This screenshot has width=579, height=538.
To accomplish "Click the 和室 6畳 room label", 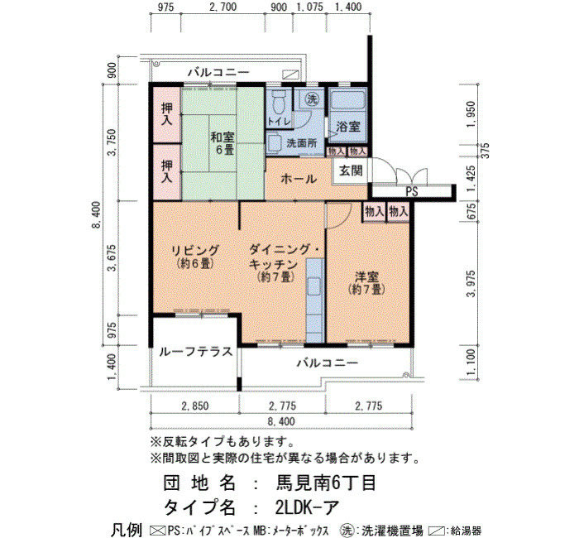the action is (223, 144).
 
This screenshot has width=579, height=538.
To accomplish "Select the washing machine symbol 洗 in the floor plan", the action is (313, 98).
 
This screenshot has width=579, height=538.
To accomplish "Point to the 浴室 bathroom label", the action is (348, 127).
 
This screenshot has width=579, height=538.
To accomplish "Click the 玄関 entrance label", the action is (351, 171).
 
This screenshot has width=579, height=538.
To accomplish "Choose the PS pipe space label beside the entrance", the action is (412, 191).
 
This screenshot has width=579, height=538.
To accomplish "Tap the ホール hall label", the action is (299, 180).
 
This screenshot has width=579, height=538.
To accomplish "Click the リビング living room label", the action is (195, 256).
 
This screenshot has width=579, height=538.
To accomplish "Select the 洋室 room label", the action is (366, 283).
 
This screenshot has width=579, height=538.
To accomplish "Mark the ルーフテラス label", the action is (196, 351).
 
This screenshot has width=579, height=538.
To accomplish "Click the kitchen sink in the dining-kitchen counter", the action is (314, 286).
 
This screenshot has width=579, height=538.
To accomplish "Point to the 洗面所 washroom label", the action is (302, 143).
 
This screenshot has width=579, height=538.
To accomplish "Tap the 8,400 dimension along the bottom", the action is (281, 421).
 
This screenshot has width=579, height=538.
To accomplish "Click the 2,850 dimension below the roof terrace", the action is (195, 406).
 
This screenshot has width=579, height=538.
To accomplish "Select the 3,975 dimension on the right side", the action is (471, 283).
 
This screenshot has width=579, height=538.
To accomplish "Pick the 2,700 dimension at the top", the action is (223, 7).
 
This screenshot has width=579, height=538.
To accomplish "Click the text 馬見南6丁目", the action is (326, 483).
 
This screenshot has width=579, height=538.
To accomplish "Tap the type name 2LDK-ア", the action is (307, 507).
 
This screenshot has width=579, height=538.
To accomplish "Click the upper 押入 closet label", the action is (167, 114).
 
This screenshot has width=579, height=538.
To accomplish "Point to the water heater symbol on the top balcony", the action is (290, 74).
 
